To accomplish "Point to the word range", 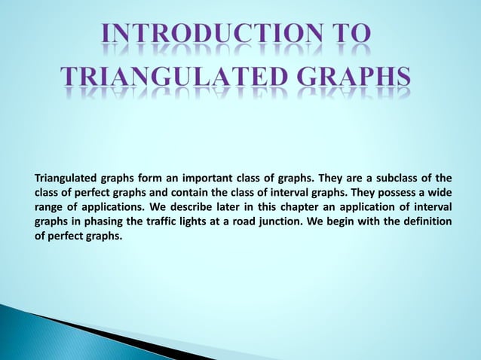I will pos(50,207).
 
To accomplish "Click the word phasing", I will pos(100,221).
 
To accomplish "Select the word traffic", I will pos(165,221).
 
